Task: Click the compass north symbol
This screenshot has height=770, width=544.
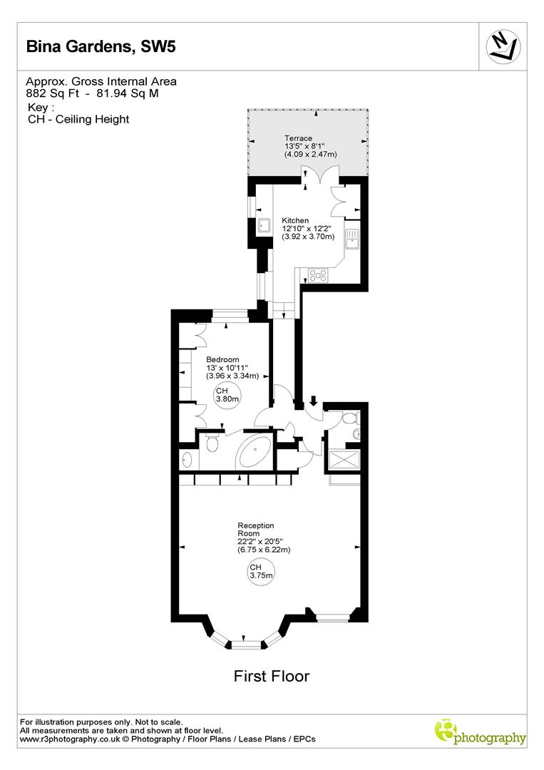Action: pos(503,48)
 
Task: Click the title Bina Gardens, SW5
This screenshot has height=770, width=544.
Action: pos(100,48)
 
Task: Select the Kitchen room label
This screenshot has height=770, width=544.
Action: pos(295,220)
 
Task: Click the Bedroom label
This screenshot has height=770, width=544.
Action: pos(222,359)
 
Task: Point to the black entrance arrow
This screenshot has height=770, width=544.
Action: pos(314,401)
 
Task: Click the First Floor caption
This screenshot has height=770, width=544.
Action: pos(272,676)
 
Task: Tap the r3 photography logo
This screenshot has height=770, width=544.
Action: pos(480,732)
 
